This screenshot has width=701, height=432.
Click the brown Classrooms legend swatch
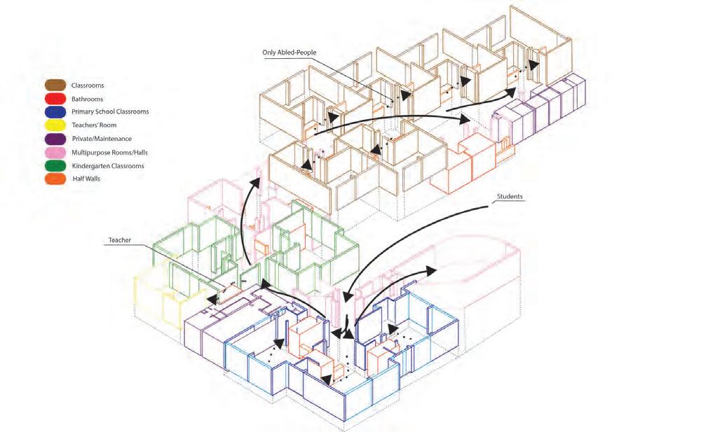[x=54, y=86]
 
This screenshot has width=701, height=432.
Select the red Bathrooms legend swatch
[x=54, y=99]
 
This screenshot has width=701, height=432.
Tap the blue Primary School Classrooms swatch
[x=54, y=112]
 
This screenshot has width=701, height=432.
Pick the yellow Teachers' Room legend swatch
[x=54, y=126]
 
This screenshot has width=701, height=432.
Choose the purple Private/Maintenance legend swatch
[x=54, y=139]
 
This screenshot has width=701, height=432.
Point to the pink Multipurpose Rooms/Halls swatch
[x=54, y=152]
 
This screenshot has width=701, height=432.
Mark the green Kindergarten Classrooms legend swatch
[x=54, y=166]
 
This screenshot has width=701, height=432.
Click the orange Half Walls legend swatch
[x=54, y=180]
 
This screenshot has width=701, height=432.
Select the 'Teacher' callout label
[x=120, y=241]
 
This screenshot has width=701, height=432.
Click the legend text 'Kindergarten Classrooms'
[x=107, y=166]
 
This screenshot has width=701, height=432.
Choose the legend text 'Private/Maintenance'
[x=101, y=139]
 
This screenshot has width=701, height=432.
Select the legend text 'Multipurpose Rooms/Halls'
[x=109, y=152]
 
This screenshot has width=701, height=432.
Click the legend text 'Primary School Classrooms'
[x=110, y=112]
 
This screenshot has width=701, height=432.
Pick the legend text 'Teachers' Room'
[x=95, y=126]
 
